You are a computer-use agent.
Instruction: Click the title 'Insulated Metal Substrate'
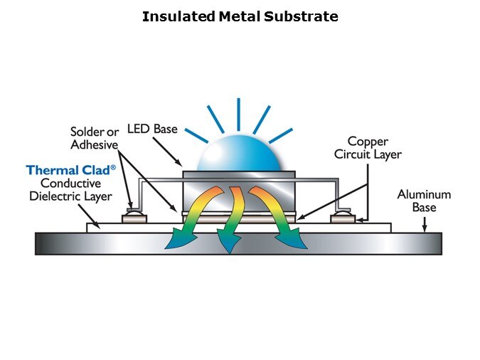240,16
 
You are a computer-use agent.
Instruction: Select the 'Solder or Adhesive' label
94,138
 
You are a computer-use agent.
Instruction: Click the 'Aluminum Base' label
424,201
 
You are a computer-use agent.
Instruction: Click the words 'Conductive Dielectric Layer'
69,190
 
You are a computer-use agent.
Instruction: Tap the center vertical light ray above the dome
238,115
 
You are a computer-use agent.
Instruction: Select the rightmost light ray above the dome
282,135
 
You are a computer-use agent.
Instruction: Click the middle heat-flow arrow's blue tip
229,246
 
